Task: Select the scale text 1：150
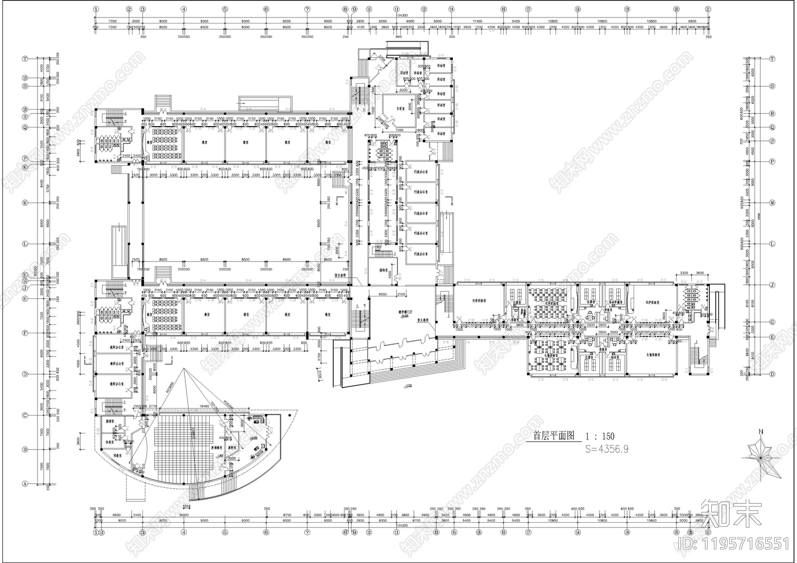point(600,436)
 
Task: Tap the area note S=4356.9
point(606,449)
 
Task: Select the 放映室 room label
point(232,448)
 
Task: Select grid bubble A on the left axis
point(25,483)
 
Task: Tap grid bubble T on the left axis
point(25,58)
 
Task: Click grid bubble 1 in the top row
point(96,9)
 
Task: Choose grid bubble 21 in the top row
point(708,9)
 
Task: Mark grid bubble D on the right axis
point(772,374)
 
